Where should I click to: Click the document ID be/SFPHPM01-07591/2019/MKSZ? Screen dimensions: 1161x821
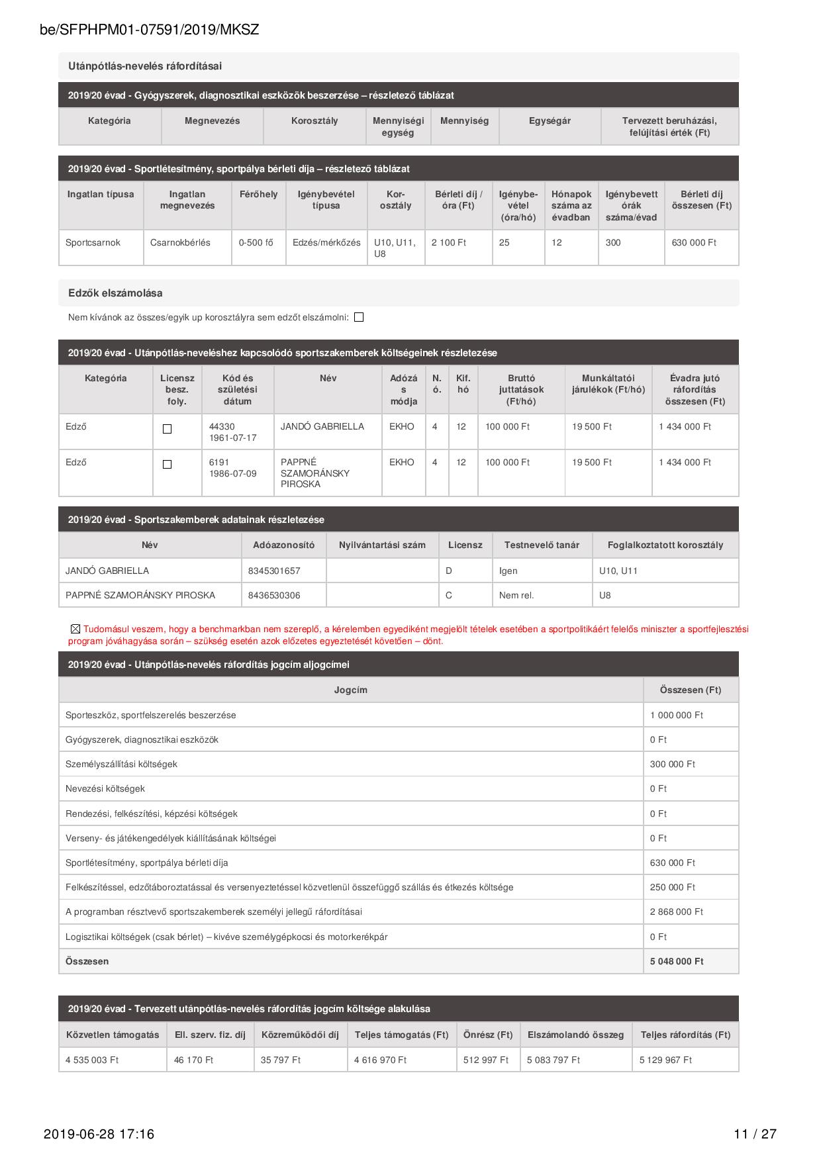149,30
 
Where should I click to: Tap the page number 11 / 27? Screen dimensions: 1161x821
755,1134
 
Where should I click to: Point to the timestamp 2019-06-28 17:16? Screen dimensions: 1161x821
99,1134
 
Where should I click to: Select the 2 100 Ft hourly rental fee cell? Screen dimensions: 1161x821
449,243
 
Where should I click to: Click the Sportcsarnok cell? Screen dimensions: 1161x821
93,243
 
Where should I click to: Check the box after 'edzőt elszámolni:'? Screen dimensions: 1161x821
359,318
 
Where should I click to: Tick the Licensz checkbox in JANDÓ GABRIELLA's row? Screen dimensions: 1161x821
168,429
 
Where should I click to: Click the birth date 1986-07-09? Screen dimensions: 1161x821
232,474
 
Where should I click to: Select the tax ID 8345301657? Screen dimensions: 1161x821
274,571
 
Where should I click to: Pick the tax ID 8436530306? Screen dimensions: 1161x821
274,595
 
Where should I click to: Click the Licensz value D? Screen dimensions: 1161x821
449,571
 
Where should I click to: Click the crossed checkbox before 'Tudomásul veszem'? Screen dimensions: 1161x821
75,629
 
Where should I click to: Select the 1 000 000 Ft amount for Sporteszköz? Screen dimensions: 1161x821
676,715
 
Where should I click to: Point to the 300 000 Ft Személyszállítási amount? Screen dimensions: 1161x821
672,764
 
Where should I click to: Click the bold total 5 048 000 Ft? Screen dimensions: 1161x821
677,961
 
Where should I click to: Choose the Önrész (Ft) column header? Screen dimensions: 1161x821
488,1035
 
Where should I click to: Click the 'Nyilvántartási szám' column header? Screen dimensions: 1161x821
382,545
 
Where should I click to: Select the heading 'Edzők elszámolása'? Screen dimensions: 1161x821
115,293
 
